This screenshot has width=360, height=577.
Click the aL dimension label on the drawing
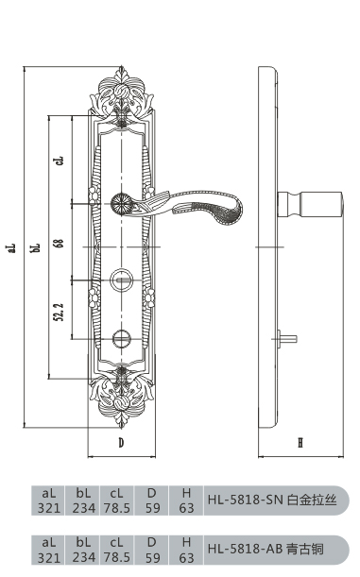12,247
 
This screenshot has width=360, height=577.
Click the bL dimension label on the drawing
37,247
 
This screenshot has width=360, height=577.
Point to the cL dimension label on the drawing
60,161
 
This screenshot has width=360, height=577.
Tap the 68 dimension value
60,244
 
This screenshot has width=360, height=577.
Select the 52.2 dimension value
59,312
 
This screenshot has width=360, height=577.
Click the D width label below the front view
121,442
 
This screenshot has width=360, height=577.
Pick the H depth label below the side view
300,442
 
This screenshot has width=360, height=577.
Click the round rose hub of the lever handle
121,203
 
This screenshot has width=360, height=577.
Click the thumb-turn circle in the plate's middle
121,280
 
